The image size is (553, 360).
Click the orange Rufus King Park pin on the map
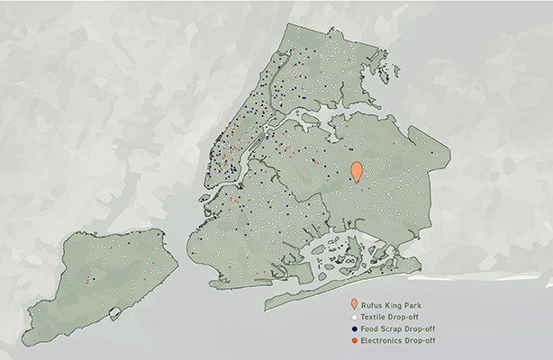pos(357,171)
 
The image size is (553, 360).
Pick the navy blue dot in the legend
pos(354,331)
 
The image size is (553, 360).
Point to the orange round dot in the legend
pos(354,343)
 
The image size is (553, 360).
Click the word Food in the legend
pos(370,331)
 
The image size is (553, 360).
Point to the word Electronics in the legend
pos(383,343)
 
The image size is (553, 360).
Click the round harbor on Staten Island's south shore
pos(114,314)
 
